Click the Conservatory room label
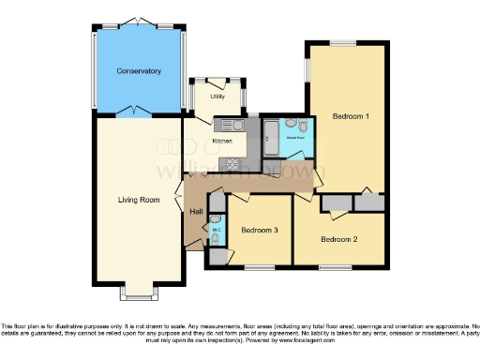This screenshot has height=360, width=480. (x=139, y=71)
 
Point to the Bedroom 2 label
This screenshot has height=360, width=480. (x=339, y=239)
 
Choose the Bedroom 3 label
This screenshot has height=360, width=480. (x=260, y=230)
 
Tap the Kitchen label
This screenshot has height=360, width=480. (x=222, y=141)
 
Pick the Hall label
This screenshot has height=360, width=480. (x=196, y=212)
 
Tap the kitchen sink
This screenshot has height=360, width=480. (x=232, y=122)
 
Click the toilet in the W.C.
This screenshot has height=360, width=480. (x=216, y=240)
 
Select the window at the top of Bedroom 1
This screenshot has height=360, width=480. (x=341, y=43)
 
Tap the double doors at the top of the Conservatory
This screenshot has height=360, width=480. (x=139, y=21)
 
